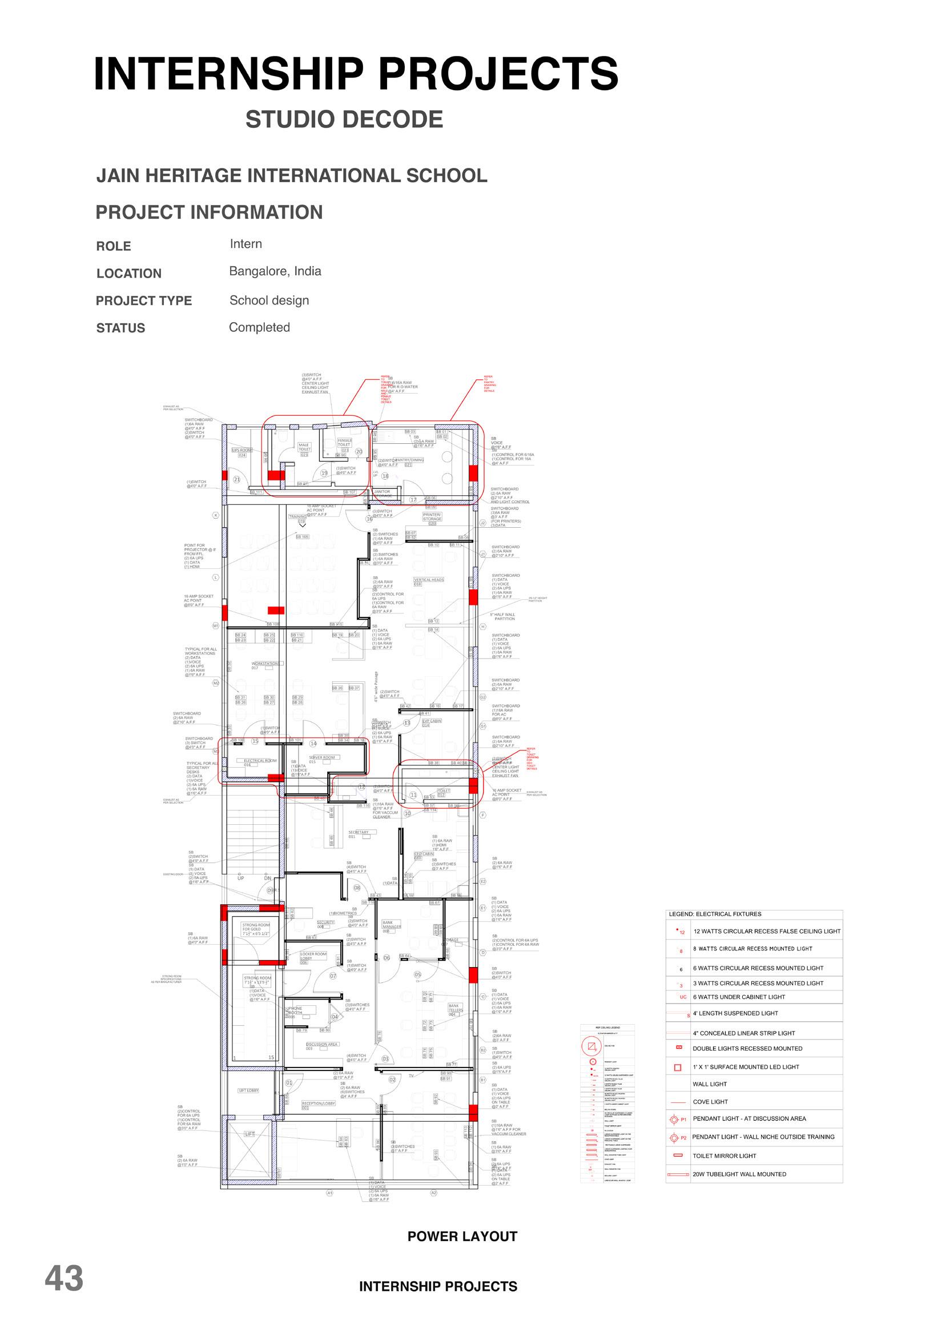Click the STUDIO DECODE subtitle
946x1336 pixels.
tap(344, 119)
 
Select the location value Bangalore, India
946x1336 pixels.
tap(275, 271)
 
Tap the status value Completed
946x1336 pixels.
tap(259, 327)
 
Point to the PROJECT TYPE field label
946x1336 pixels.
tap(144, 300)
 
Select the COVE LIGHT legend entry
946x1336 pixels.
tap(710, 1102)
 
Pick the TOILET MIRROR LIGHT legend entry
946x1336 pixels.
tap(724, 1156)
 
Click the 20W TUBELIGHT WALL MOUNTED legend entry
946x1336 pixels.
tap(739, 1174)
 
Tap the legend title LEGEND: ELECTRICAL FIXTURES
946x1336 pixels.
tap(715, 914)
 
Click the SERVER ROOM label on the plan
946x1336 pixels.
tap(321, 757)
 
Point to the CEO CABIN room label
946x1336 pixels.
tap(424, 854)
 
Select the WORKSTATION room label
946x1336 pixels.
tap(265, 664)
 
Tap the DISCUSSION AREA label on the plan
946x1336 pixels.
tap(321, 1044)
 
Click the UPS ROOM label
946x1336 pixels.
tap(242, 451)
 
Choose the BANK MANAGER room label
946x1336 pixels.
tap(392, 925)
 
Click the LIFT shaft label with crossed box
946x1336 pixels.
tap(249, 1134)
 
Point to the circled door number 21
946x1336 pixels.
tap(236, 480)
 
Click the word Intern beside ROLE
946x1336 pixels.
tap(246, 244)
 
